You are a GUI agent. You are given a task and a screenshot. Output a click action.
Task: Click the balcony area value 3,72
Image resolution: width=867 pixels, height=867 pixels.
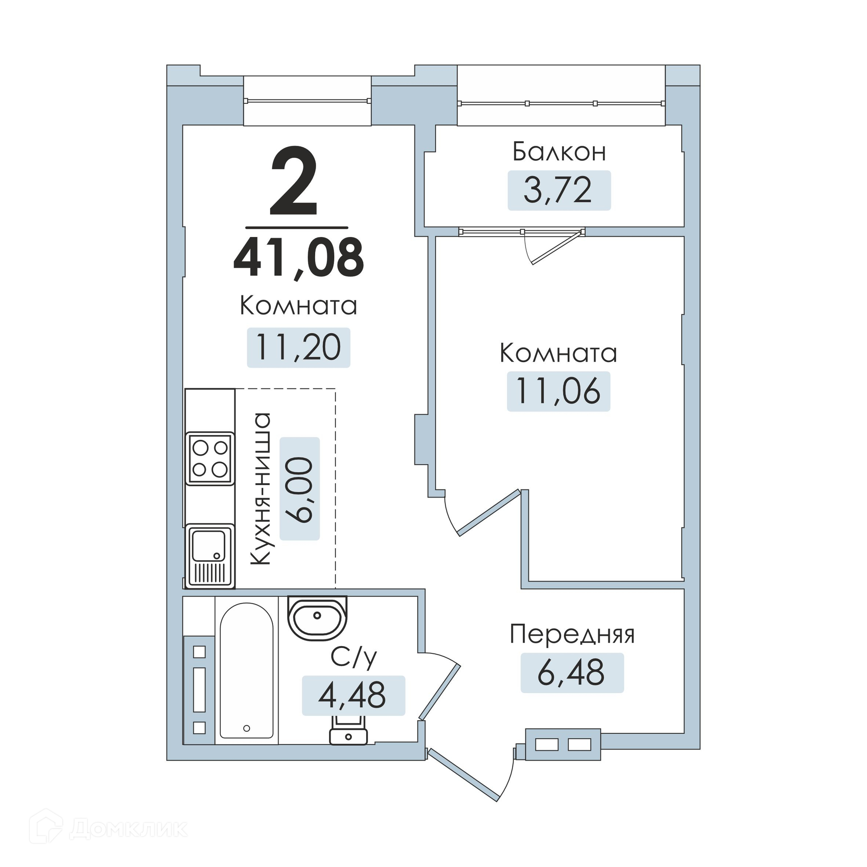(x=558, y=190)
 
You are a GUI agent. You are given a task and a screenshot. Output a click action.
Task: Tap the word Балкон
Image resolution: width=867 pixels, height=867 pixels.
(x=559, y=152)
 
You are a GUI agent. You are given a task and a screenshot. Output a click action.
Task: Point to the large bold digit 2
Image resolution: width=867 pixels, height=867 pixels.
(x=294, y=181)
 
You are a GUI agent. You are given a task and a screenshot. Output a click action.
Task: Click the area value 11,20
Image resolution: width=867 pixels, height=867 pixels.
(x=298, y=347)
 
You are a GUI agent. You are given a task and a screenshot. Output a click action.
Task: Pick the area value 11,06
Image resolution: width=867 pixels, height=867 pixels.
(x=558, y=391)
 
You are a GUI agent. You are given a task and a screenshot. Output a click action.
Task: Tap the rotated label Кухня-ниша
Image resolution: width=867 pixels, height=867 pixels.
(x=261, y=489)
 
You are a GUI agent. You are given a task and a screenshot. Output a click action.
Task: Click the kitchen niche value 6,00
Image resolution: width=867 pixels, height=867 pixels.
(x=299, y=489)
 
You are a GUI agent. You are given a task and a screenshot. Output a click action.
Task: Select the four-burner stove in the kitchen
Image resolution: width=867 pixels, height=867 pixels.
(x=210, y=458)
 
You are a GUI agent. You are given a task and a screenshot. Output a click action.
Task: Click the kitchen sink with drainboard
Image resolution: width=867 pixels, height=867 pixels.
(x=210, y=556)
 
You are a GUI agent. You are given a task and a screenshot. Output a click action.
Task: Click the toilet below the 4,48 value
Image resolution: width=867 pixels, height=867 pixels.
(x=348, y=730)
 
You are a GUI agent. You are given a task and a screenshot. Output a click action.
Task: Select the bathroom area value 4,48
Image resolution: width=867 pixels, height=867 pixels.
(x=352, y=695)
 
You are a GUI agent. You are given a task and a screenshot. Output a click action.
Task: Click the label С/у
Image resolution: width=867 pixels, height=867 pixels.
(x=354, y=657)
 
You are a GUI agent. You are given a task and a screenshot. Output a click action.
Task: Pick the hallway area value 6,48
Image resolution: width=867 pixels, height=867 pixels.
(x=571, y=672)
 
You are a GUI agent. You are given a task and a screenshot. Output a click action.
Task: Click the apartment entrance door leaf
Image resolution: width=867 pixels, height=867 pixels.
(x=463, y=775)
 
